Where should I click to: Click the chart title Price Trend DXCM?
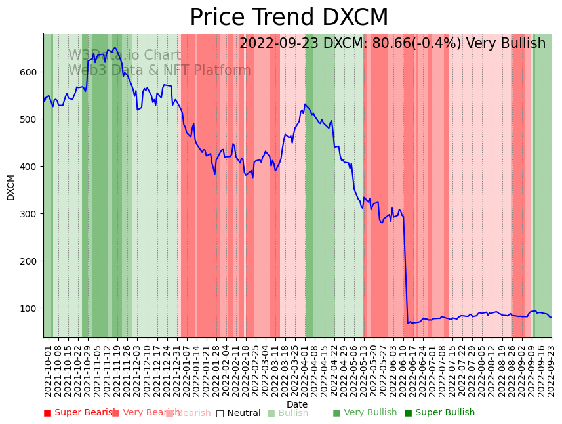click(289, 18)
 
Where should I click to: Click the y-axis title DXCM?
click(10, 187)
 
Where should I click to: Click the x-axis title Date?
click(297, 404)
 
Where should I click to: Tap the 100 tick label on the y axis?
click(29, 308)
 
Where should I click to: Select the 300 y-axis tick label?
click(29, 213)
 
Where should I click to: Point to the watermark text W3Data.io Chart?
click(125, 56)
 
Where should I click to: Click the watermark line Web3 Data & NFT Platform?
click(159, 70)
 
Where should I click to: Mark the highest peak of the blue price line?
click(115, 47)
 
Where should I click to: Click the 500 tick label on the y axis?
click(29, 119)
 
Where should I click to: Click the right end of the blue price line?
click(551, 317)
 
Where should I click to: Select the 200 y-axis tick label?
click(29, 261)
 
